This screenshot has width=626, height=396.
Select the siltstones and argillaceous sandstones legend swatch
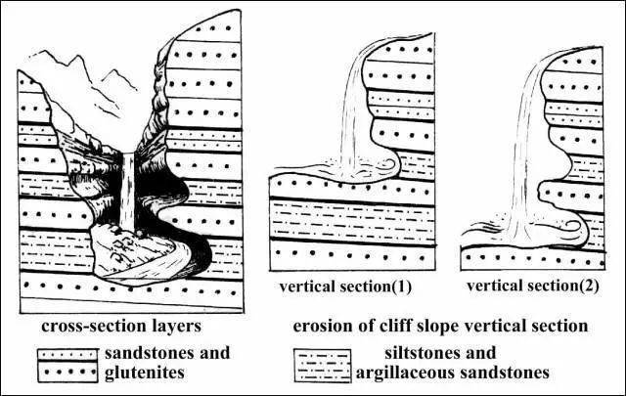pos(327,363)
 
